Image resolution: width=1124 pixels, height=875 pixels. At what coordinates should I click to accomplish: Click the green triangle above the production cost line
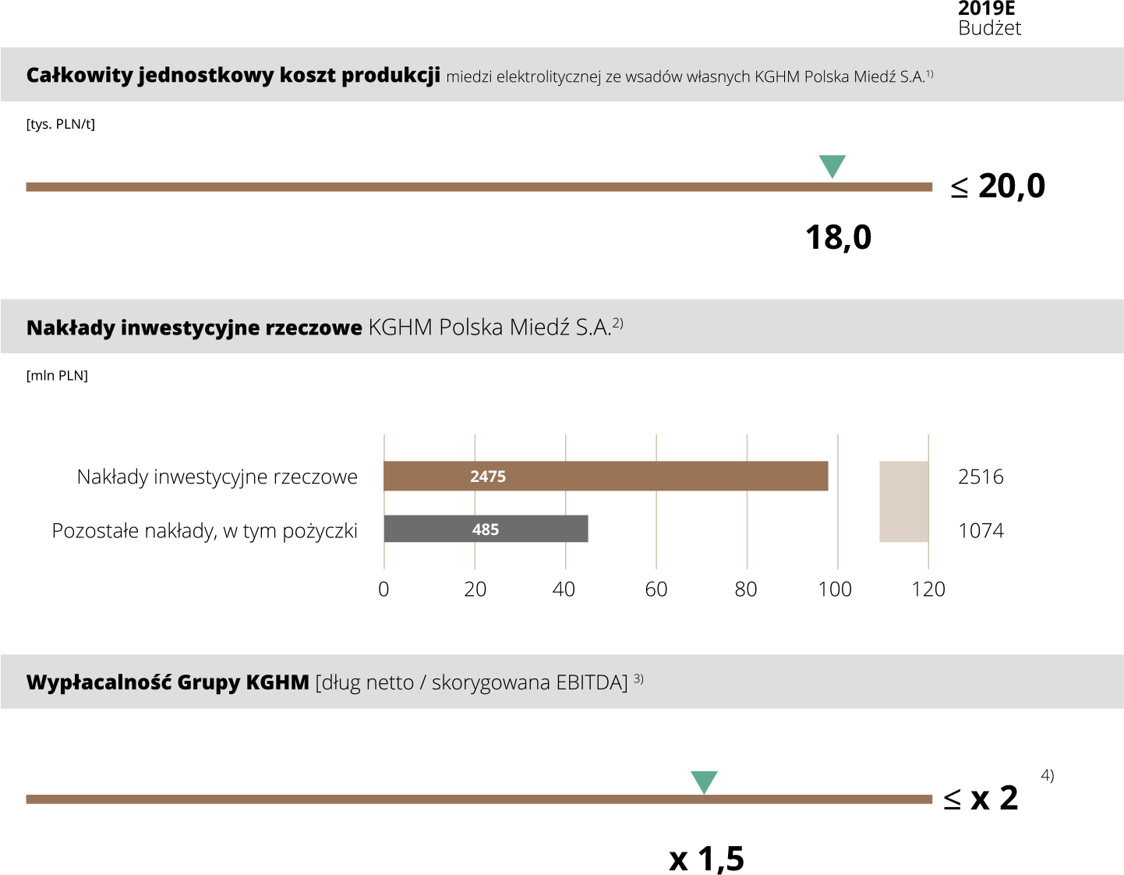(832, 165)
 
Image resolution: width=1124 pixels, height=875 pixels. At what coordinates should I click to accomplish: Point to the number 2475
(488, 476)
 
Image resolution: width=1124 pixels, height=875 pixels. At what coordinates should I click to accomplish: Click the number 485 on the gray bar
(485, 530)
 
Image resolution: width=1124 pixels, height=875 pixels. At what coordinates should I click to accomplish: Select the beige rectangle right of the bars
(903, 501)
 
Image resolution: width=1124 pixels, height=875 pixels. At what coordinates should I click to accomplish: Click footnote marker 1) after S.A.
(929, 74)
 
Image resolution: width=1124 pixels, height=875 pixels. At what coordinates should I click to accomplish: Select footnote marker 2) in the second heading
(617, 323)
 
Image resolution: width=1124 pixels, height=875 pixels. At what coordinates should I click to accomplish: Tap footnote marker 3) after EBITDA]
(638, 678)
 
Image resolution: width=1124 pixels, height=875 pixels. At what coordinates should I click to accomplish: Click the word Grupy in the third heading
(209, 682)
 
